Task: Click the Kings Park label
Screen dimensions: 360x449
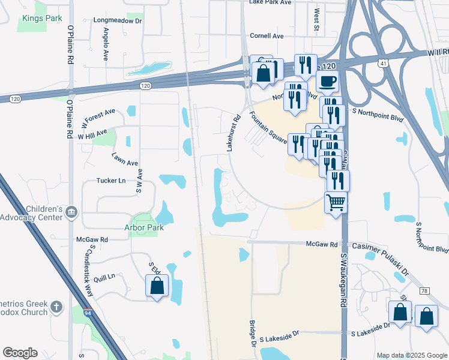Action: [42, 19]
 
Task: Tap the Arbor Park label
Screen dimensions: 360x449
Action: [144, 228]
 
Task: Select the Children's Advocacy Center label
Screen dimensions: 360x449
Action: [32, 213]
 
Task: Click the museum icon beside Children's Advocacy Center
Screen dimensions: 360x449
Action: [71, 211]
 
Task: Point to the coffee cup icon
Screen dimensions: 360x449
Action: [327, 82]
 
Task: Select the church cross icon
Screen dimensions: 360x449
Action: [56, 308]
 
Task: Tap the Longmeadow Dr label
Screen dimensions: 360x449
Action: [118, 20]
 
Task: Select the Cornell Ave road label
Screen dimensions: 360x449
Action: [267, 36]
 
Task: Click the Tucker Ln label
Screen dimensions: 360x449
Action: [111, 180]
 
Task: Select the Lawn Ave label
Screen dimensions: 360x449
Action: [125, 159]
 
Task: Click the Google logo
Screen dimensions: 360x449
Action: [20, 353]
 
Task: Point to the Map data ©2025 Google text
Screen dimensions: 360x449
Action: [411, 355]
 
